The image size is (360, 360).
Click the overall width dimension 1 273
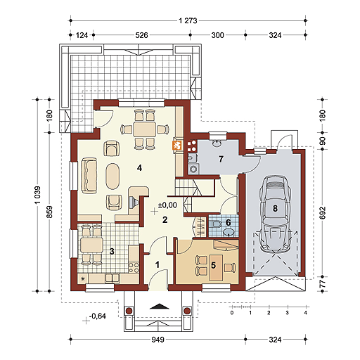(188, 21)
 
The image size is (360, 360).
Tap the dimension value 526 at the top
(141, 35)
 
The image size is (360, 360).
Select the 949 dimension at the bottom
(157, 340)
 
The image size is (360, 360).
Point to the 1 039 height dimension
(37, 195)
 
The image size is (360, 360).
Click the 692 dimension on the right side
(323, 212)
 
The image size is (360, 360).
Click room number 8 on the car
(275, 208)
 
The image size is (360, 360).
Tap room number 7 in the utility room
(221, 159)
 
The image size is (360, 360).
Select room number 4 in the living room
(140, 168)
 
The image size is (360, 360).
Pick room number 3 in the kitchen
(112, 251)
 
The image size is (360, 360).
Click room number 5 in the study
(213, 265)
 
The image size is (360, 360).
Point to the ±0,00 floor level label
(167, 205)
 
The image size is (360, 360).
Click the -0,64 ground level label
(98, 316)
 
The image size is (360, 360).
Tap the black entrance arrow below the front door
(160, 307)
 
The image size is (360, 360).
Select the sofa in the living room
(89, 175)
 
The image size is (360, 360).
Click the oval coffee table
(112, 176)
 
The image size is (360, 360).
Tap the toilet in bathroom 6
(217, 224)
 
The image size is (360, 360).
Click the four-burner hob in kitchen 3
(134, 268)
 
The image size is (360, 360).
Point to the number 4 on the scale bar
(305, 313)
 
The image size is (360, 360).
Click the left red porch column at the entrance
(129, 311)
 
